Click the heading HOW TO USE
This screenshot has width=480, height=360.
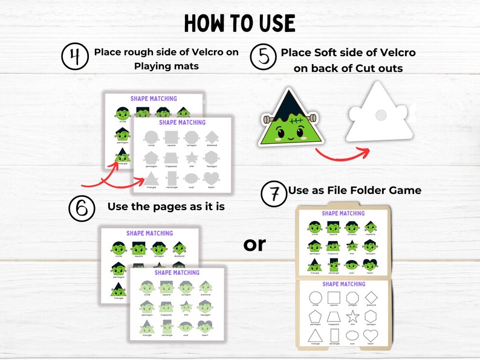point(239,23)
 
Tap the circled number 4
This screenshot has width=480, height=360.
point(74,57)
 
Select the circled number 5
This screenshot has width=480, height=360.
point(263,58)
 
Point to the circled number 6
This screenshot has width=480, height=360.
point(82,207)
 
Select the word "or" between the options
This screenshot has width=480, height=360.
point(255,244)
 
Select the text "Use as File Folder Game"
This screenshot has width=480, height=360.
point(355,190)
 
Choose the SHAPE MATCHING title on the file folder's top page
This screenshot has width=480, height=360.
point(343,213)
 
